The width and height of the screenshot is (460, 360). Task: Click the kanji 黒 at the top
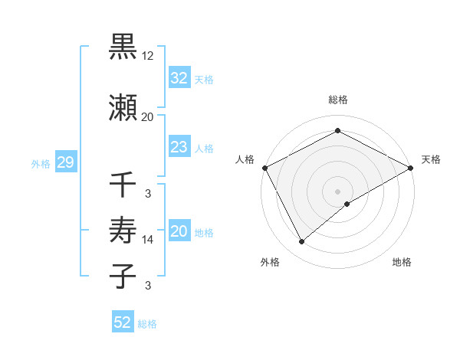tap(123, 47)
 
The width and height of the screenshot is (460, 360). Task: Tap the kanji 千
tap(123, 185)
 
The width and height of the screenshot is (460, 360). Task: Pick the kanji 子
tap(123, 276)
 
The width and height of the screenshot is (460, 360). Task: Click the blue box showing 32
tap(179, 78)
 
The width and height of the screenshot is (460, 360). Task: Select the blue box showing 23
tap(179, 147)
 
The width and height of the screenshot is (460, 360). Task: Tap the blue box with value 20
tap(179, 231)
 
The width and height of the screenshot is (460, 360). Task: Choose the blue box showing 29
tap(64, 162)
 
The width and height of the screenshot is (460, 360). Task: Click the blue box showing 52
tap(123, 322)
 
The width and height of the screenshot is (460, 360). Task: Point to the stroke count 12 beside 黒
tap(148, 56)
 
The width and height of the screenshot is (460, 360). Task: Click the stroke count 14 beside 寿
tap(148, 240)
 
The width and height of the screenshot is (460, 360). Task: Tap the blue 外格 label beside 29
tap(41, 163)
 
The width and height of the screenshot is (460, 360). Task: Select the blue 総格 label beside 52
tap(147, 324)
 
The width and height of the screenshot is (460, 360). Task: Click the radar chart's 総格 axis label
tap(338, 100)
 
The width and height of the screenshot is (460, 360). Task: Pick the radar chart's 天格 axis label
tap(431, 159)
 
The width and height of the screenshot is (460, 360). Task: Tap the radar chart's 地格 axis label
tap(402, 262)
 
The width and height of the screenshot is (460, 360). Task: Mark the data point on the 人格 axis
tap(264, 168)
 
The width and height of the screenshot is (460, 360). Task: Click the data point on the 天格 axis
tap(411, 168)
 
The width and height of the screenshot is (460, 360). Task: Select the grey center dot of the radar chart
tap(338, 191)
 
